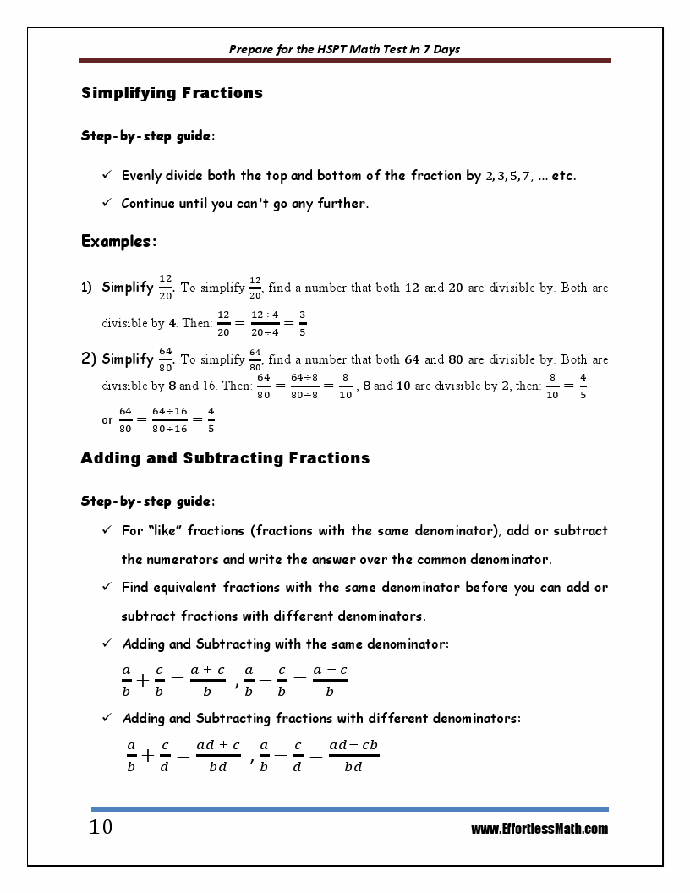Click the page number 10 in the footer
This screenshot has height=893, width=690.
[x=101, y=827]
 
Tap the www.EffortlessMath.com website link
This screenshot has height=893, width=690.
[x=539, y=829]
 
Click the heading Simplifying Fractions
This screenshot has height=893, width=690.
[x=172, y=93]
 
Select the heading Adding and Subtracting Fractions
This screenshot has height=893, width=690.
[x=225, y=458]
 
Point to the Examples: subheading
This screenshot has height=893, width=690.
[x=118, y=242]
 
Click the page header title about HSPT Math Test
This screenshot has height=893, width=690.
[x=344, y=49]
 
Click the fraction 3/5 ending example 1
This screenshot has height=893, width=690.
[x=303, y=323]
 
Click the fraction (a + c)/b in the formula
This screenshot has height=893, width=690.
[x=207, y=680]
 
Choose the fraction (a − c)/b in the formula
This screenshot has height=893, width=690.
[x=330, y=680]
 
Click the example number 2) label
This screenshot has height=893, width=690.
[x=90, y=359]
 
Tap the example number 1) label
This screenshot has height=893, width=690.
[x=87, y=288]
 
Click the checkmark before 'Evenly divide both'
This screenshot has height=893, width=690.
[x=107, y=176]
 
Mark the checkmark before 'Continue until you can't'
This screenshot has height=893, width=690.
[x=107, y=203]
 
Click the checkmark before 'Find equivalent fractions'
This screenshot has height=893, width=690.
[x=107, y=587]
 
